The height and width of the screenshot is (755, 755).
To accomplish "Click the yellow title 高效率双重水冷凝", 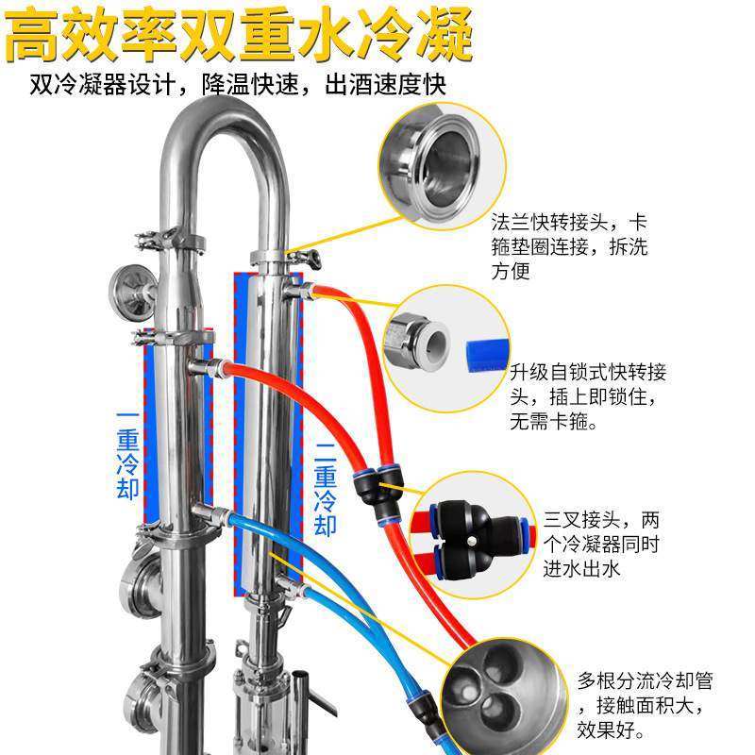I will (238, 36).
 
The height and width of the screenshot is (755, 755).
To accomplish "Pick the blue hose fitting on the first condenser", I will (211, 513).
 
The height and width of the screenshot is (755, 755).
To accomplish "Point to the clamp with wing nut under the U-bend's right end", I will (283, 255).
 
